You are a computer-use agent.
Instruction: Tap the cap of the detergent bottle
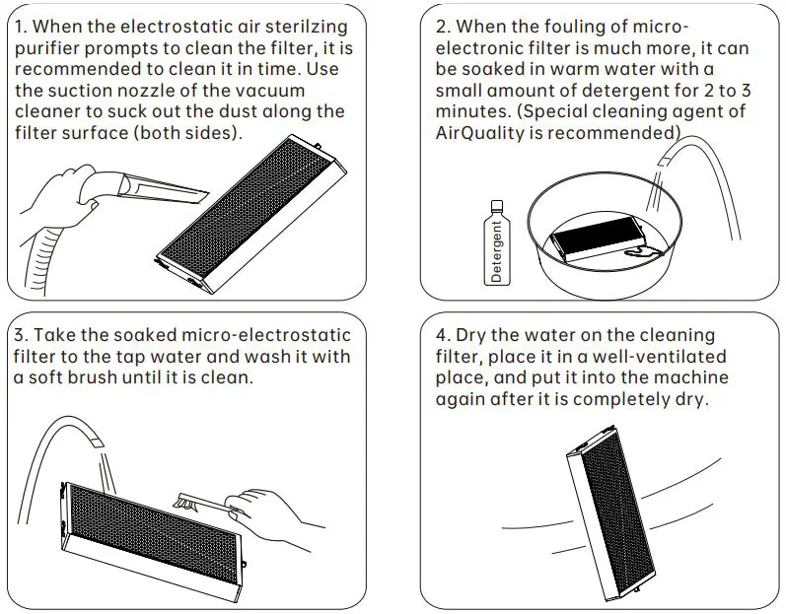click(497, 205)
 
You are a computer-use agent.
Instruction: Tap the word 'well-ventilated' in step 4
click(659, 356)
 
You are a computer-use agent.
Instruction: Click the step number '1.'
click(21, 26)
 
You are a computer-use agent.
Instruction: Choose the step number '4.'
click(444, 334)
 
